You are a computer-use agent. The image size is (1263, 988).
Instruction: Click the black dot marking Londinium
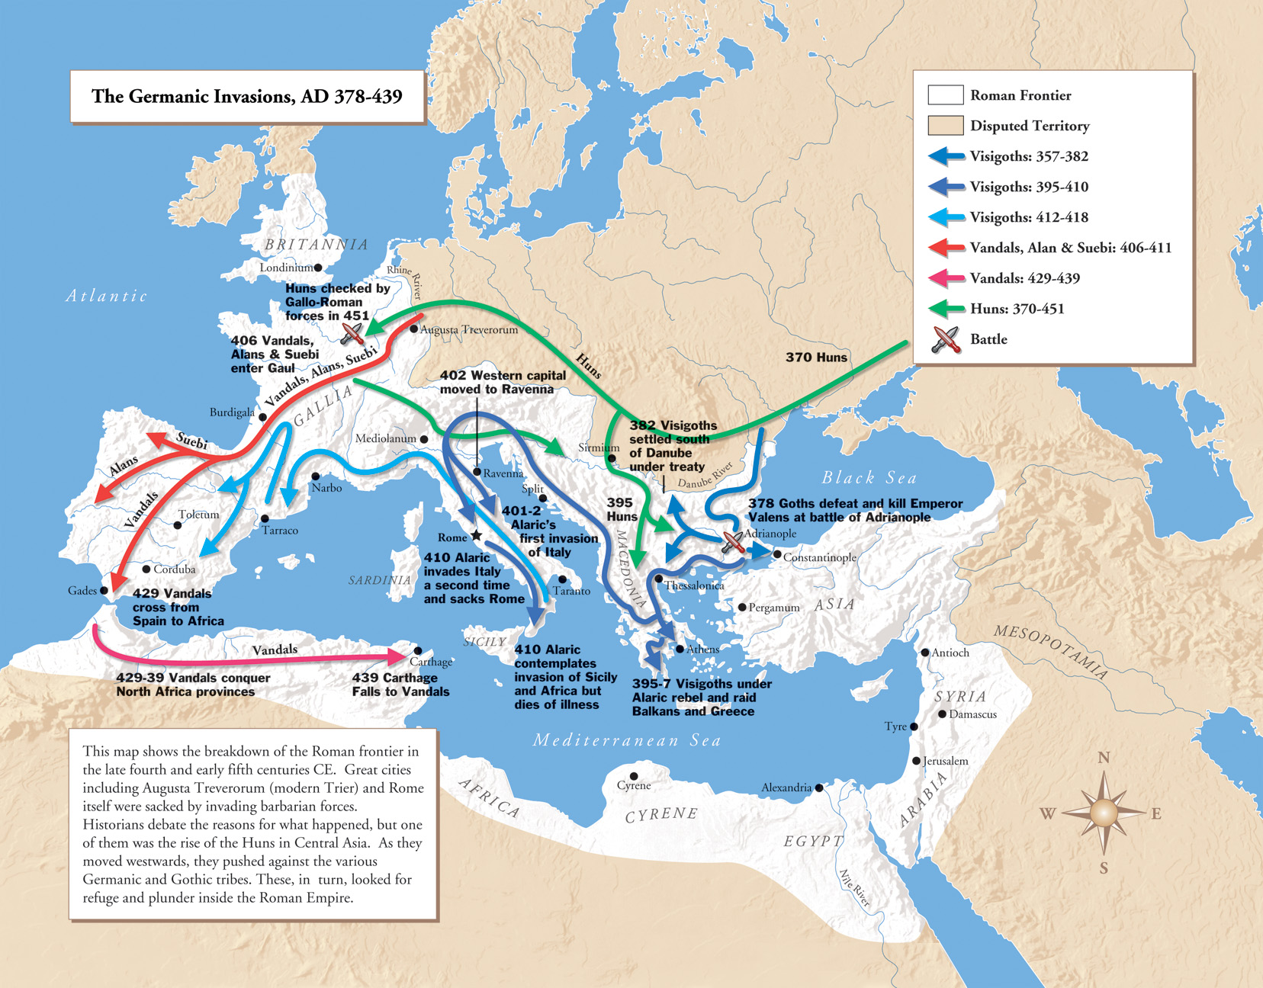pos(318,268)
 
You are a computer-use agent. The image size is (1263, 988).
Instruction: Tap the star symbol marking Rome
pos(477,536)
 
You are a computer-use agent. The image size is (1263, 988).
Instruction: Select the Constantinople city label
pos(819,557)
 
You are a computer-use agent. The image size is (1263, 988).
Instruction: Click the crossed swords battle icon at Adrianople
pos(733,542)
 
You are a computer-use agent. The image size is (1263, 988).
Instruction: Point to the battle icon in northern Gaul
pos(352,332)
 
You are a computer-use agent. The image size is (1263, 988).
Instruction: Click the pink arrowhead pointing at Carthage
pos(399,656)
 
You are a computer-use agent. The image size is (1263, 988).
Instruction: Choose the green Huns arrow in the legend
pos(946,309)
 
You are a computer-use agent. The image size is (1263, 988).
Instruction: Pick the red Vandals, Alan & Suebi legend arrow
pos(946,248)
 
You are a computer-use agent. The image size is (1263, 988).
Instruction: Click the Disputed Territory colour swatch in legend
pos(945,126)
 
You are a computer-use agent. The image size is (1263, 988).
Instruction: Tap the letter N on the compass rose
pos(1104,758)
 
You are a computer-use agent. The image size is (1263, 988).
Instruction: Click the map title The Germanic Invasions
pos(246,96)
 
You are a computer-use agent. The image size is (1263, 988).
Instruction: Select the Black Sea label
pos(869,478)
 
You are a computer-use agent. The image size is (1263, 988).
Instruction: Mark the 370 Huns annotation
pos(816,357)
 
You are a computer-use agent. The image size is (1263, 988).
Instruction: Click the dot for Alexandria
pos(819,788)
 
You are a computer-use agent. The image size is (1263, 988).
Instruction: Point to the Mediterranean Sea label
pos(626,740)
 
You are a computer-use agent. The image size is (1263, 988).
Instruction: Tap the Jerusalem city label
pos(946,761)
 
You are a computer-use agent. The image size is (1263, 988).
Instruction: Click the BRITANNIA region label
pos(316,245)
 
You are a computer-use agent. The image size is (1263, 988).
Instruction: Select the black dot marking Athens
pos(680,649)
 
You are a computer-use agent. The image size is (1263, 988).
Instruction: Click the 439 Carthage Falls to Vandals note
pos(400,685)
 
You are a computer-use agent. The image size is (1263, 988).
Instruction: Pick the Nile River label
pos(854,888)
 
